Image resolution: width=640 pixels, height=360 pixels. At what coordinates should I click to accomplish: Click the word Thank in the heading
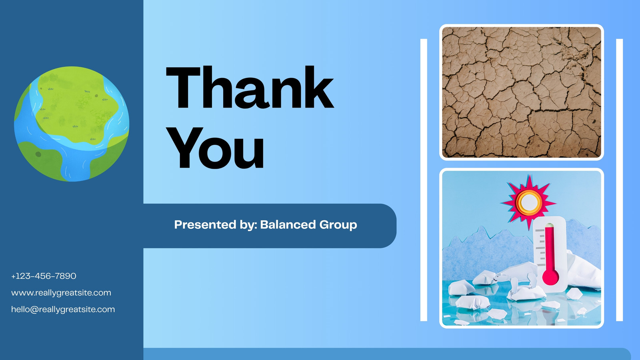250,87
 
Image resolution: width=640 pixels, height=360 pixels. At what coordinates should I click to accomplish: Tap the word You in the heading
215,148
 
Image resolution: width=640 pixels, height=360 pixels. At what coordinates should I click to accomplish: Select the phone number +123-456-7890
44,276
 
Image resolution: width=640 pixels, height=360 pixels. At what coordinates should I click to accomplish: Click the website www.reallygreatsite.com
61,293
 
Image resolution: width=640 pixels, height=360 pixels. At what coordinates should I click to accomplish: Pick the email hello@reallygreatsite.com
63,310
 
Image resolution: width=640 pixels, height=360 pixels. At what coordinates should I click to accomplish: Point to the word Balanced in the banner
288,224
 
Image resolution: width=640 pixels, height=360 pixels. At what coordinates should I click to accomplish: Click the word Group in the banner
338,225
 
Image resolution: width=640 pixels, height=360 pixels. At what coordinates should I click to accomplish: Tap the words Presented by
216,225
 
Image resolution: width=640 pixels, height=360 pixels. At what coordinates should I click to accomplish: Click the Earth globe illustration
72,124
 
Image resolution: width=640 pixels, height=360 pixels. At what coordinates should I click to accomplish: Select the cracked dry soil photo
522,92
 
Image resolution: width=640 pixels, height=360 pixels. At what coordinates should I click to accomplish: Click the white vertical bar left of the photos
424,180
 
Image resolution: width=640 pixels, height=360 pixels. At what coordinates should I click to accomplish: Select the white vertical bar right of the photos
620,180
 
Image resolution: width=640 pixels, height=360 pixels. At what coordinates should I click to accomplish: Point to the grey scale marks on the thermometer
540,248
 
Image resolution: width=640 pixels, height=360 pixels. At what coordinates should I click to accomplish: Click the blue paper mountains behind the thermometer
486,252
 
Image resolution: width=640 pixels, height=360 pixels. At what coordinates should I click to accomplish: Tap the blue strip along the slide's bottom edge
387,354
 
